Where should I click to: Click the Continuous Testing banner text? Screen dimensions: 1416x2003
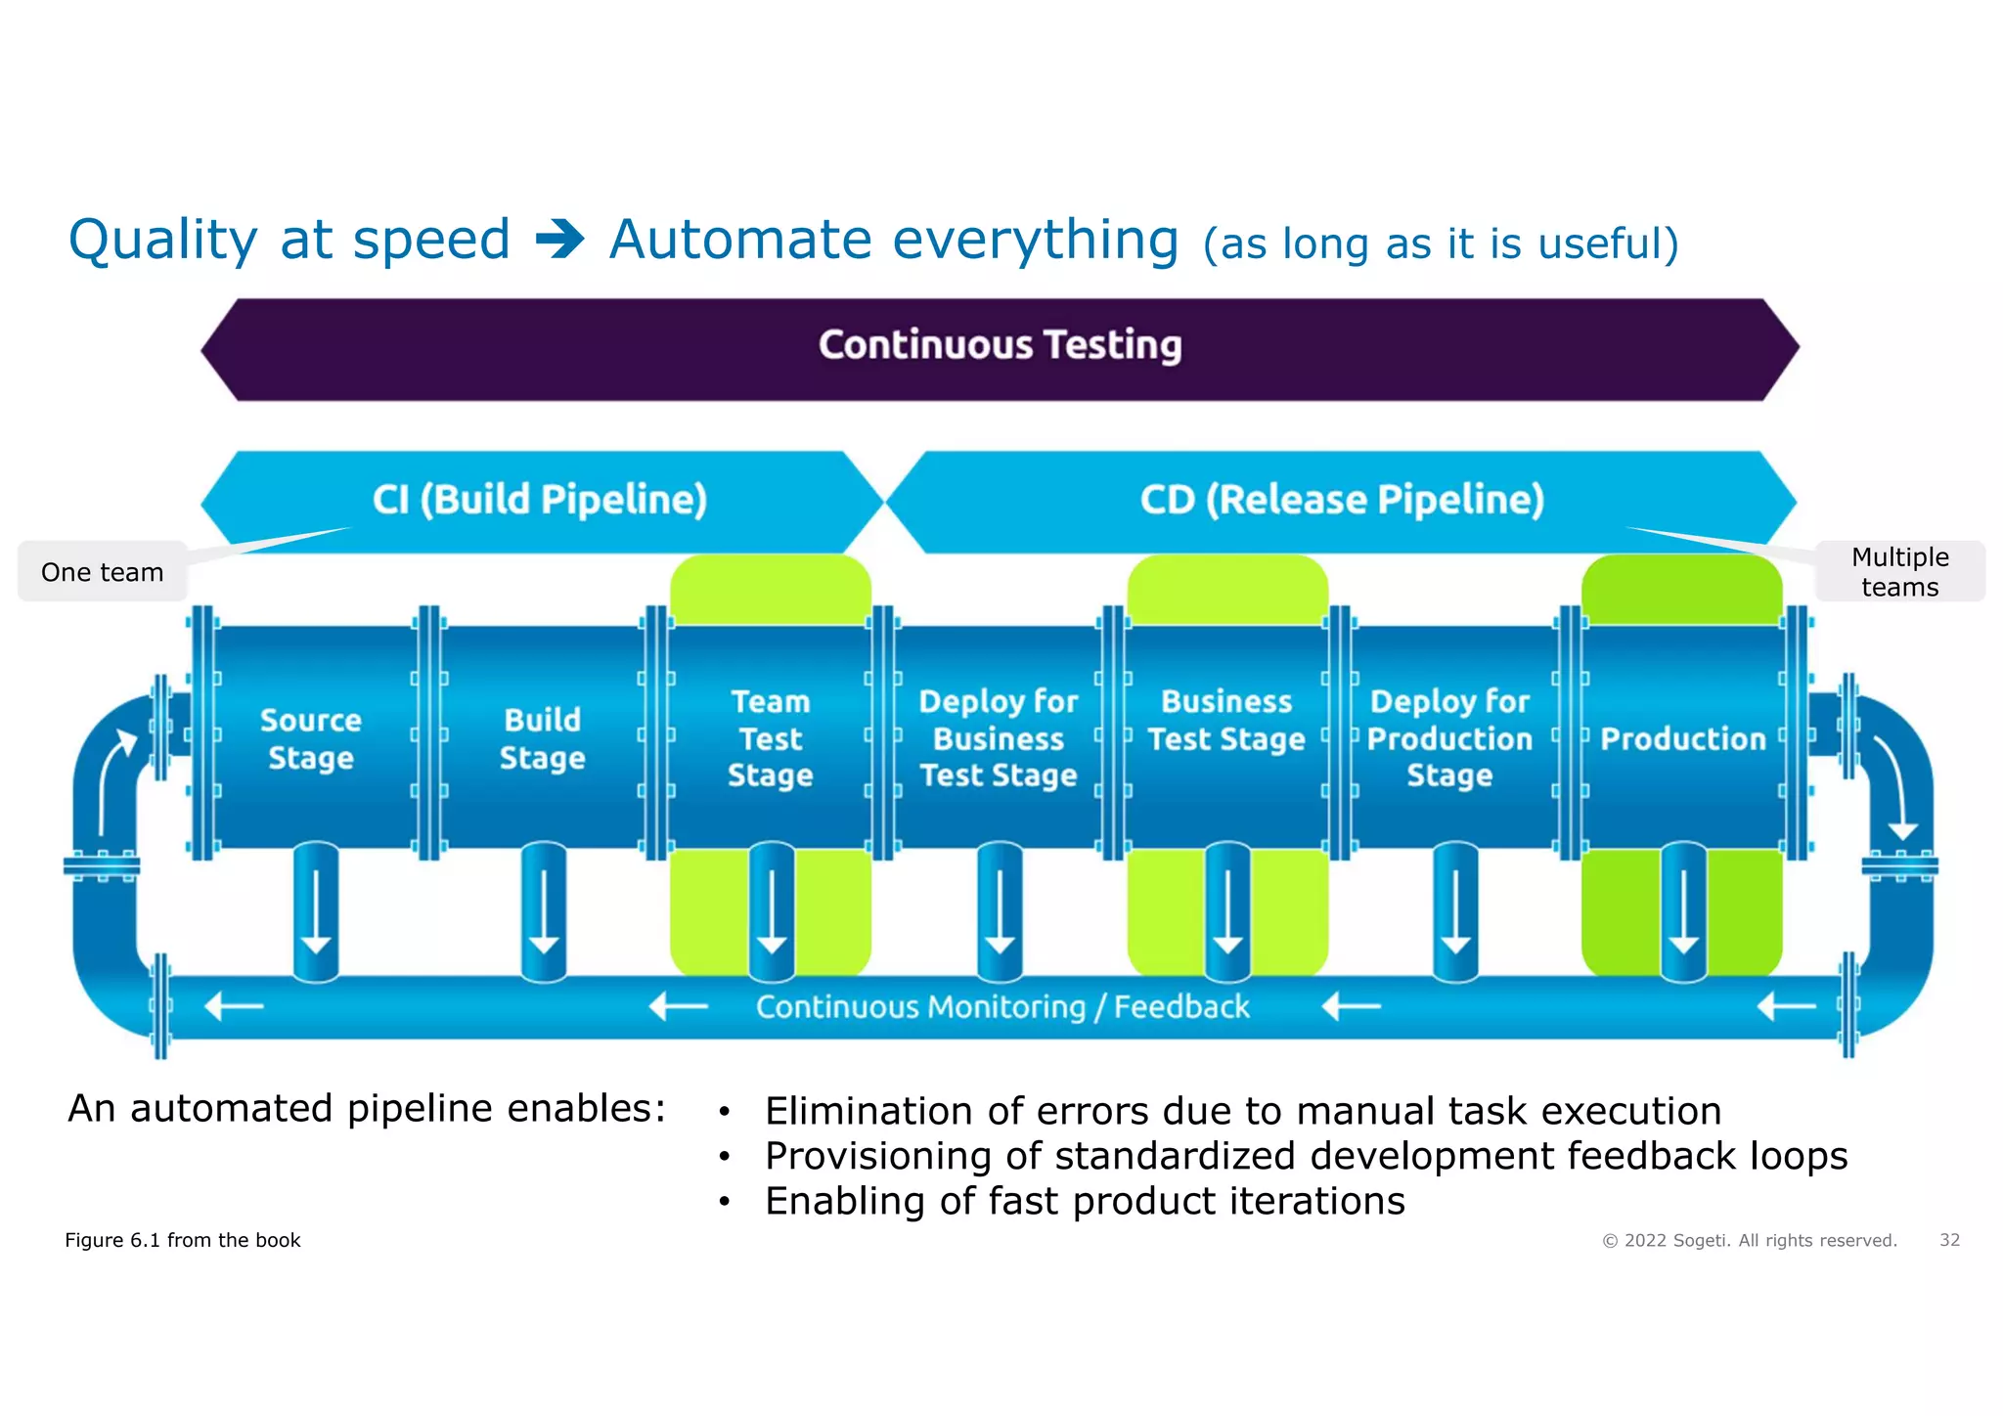[x=1000, y=345]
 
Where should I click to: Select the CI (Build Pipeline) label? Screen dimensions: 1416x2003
[x=540, y=500]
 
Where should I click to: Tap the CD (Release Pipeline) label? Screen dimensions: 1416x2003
[x=1342, y=500]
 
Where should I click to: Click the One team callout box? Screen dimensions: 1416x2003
[x=103, y=572]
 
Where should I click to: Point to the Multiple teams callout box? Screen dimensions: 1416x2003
[x=1899, y=572]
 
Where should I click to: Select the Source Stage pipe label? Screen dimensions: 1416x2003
[x=311, y=738]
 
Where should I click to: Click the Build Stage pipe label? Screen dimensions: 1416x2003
[x=542, y=738]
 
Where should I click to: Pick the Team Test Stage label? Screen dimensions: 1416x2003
[x=771, y=738]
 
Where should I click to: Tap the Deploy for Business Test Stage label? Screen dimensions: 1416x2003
[x=999, y=738]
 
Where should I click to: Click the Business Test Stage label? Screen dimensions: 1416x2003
[x=1226, y=721]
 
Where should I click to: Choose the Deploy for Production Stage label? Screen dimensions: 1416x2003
[x=1449, y=738]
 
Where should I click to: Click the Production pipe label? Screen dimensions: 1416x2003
[x=1683, y=738]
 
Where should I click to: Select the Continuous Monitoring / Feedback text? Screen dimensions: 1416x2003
[x=1002, y=1006]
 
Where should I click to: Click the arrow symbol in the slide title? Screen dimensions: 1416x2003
[x=560, y=240]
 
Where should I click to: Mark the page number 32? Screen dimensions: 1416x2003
[x=1949, y=1240]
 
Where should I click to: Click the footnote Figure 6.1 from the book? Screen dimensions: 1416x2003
[x=183, y=1240]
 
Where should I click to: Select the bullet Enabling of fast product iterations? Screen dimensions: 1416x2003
[x=1084, y=1201]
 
